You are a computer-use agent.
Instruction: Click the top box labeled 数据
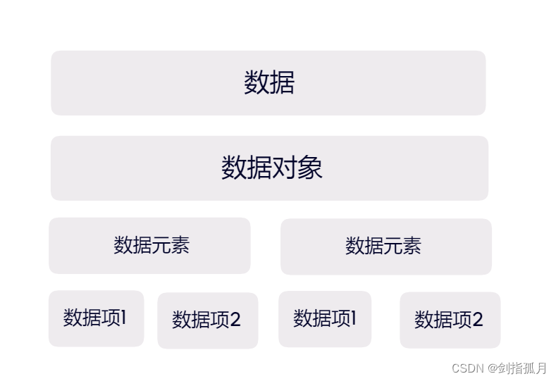(x=268, y=82)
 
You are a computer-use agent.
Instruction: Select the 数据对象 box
(x=269, y=168)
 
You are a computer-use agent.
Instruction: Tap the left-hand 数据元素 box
(x=149, y=245)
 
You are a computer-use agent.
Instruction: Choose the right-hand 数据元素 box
(x=385, y=246)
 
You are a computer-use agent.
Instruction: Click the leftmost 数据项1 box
(x=96, y=318)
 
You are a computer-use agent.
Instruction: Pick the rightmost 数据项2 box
(x=450, y=320)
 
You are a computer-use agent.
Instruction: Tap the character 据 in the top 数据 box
(x=282, y=82)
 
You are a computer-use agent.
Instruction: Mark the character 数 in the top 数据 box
(x=257, y=82)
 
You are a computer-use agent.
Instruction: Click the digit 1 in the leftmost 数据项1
(x=123, y=318)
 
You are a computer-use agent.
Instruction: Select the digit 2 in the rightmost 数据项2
(x=477, y=320)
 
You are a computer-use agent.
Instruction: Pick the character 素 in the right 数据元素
(x=412, y=246)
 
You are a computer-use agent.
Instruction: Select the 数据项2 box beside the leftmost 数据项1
(x=207, y=320)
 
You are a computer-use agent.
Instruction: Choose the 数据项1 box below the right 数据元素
(x=325, y=318)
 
